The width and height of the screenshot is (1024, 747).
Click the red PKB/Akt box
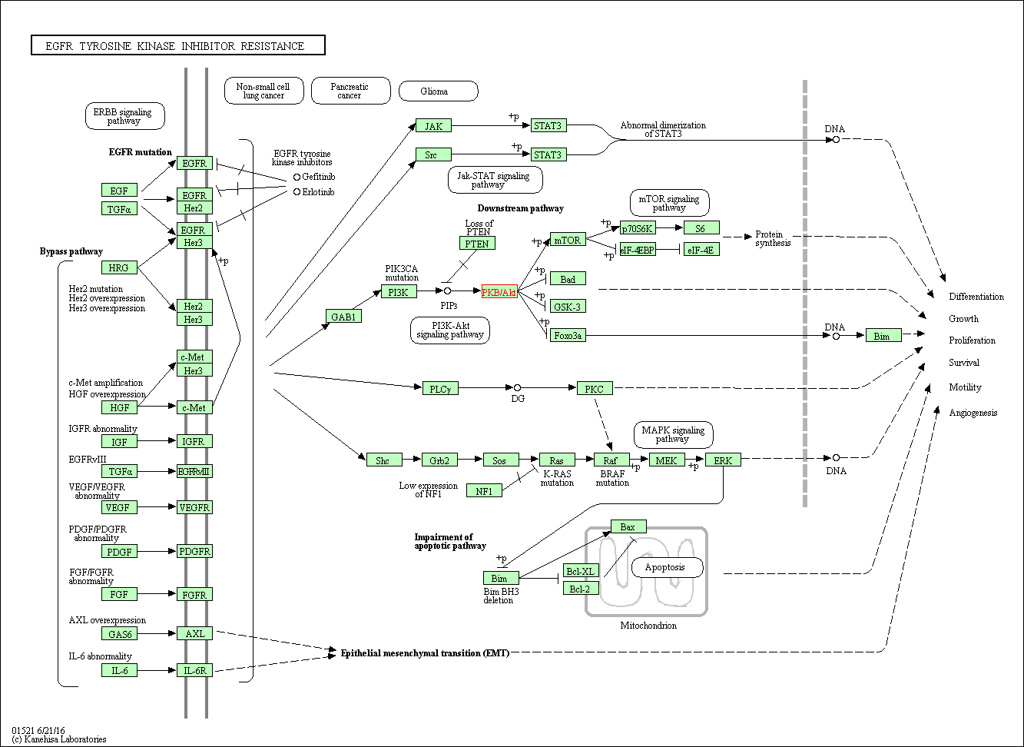click(499, 291)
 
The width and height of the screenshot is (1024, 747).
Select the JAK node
click(433, 125)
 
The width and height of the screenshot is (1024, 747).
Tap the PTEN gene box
click(477, 243)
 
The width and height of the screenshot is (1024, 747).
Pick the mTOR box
click(568, 240)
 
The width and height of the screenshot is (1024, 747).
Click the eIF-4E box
click(701, 249)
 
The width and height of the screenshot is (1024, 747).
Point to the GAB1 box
click(343, 316)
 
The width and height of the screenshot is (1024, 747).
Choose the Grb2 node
click(439, 460)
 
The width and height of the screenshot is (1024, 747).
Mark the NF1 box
click(484, 490)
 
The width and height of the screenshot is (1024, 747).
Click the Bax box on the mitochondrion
click(628, 526)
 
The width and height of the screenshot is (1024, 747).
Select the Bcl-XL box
click(581, 570)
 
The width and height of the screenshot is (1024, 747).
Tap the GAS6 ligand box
click(119, 633)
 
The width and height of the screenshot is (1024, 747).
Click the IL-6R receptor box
click(194, 670)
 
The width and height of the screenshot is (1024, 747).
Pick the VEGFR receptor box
click(194, 507)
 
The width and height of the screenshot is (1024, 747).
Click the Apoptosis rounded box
click(667, 567)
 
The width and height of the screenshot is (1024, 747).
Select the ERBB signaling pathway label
click(124, 116)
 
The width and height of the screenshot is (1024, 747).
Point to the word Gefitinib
click(318, 177)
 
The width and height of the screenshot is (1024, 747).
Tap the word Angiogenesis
click(973, 413)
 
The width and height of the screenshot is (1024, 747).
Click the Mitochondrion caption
click(648, 626)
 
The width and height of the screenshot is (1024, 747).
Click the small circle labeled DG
click(517, 388)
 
